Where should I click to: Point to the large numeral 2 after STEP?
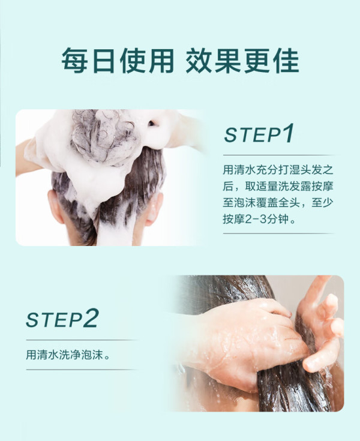point(91,318)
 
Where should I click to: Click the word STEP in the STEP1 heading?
point(252,135)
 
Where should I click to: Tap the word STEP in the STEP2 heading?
point(54,320)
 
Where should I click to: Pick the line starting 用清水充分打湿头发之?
point(278,170)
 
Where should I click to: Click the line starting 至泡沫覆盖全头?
point(278,203)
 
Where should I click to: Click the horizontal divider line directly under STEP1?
point(279,155)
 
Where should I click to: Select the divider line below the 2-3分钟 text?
point(279,233)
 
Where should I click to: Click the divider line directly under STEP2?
point(82,340)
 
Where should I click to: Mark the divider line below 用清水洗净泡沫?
point(82,370)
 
